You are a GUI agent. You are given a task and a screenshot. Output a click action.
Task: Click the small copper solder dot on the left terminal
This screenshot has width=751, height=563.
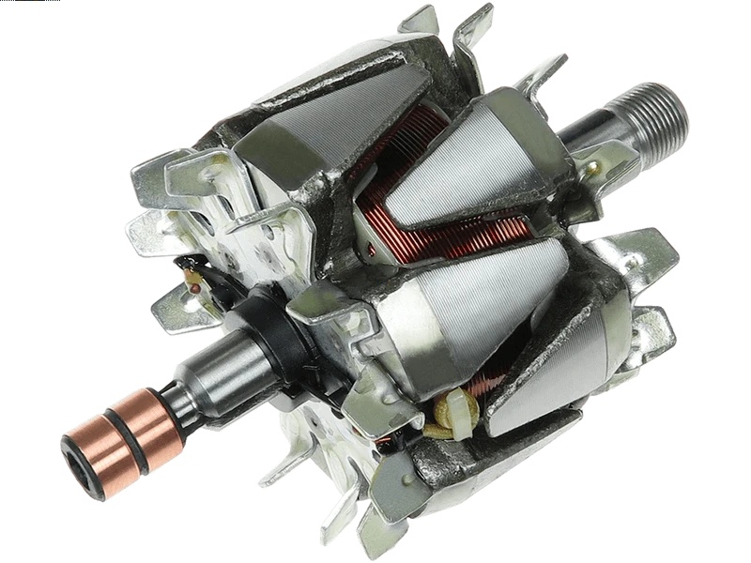click(x=194, y=287)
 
